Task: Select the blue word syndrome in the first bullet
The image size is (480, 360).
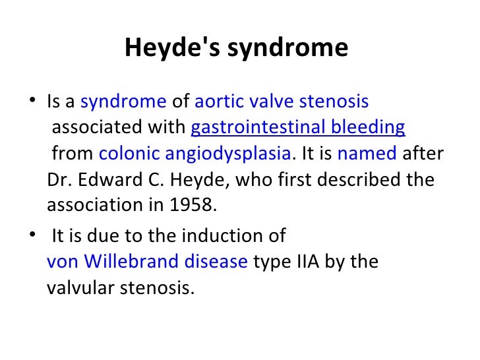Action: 123,102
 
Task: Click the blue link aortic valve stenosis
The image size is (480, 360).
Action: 282,102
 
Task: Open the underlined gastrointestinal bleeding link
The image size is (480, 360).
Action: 297,128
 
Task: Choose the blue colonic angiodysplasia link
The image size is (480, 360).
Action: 195,154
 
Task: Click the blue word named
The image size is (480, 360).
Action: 367,154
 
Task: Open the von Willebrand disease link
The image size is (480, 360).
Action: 148,262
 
